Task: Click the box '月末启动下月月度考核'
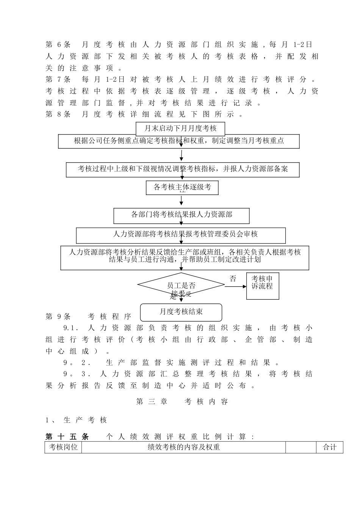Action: [180, 129]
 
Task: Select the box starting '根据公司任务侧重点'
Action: [179, 141]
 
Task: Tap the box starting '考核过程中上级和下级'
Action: [183, 169]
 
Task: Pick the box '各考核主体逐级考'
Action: [182, 187]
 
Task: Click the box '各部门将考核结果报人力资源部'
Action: [182, 215]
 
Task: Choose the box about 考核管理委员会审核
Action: [181, 235]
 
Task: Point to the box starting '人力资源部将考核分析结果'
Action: [185, 258]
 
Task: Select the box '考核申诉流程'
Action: [263, 286]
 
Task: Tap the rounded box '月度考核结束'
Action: [181, 312]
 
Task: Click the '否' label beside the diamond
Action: [233, 279]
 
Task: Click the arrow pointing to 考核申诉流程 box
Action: [236, 286]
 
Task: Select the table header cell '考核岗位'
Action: [63, 447]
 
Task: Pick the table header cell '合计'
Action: [329, 447]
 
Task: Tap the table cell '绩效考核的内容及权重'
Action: [183, 447]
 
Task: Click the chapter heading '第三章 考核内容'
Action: [182, 402]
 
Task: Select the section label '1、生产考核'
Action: [76, 420]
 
